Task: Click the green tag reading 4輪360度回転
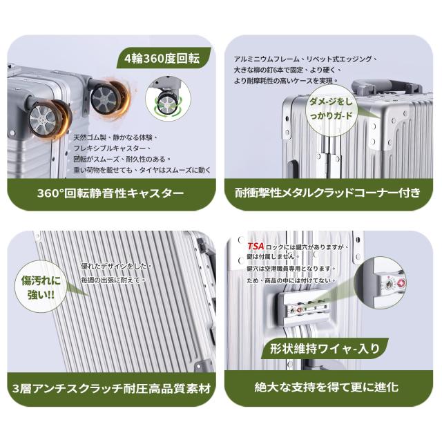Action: pos(164,58)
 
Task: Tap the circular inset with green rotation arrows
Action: pos(168,99)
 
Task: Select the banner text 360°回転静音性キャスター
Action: pos(110,193)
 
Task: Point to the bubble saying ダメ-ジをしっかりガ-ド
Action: pos(331,109)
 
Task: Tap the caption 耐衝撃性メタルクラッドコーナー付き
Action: pos(328,193)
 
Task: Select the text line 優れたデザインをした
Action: pos(116,266)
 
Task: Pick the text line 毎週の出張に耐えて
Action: pos(113,280)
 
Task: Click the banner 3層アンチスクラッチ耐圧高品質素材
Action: pos(112,389)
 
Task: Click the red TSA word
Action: pos(256,246)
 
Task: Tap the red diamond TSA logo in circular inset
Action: pos(401,282)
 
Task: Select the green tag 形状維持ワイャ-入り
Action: pos(325,348)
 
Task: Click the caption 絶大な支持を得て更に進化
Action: pos(327,387)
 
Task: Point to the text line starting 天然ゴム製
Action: pos(115,137)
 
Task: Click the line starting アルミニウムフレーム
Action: pos(305,59)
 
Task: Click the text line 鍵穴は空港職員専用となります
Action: pos(290,269)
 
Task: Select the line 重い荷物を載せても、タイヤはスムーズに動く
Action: pos(142,171)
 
